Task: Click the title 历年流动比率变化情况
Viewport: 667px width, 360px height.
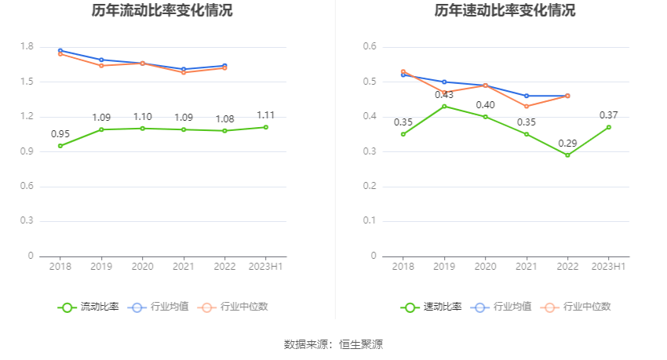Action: tap(162, 11)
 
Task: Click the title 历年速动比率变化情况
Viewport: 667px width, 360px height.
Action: tap(505, 11)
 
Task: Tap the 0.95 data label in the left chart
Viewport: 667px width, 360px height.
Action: tap(60, 133)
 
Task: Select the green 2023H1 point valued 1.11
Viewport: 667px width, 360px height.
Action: tap(266, 127)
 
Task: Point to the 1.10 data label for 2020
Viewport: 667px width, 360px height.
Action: tap(142, 117)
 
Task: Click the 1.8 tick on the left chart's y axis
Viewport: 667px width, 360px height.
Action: tap(27, 47)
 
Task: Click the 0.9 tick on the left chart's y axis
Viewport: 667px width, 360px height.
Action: tap(27, 151)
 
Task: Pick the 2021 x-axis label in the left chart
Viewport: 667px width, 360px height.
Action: tap(184, 267)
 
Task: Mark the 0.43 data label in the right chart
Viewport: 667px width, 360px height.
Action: tap(444, 95)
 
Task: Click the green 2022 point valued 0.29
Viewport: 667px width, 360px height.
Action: tap(567, 155)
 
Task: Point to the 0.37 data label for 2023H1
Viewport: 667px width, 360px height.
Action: tap(609, 115)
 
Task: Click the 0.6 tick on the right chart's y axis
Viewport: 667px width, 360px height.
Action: tap(370, 47)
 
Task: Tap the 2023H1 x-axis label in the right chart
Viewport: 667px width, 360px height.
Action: tap(608, 267)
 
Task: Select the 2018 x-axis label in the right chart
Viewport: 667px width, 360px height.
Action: tap(403, 267)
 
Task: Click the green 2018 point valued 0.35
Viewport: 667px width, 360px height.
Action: tap(403, 134)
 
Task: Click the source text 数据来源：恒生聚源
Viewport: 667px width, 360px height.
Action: tap(333, 344)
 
